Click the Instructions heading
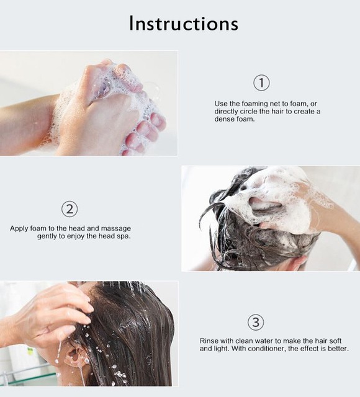click(x=183, y=24)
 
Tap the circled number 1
click(x=262, y=83)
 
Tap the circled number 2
click(x=70, y=208)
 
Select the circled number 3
click(x=256, y=322)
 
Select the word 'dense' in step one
click(x=227, y=119)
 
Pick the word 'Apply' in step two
click(x=19, y=228)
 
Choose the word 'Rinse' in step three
click(x=209, y=341)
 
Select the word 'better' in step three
click(x=338, y=349)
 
